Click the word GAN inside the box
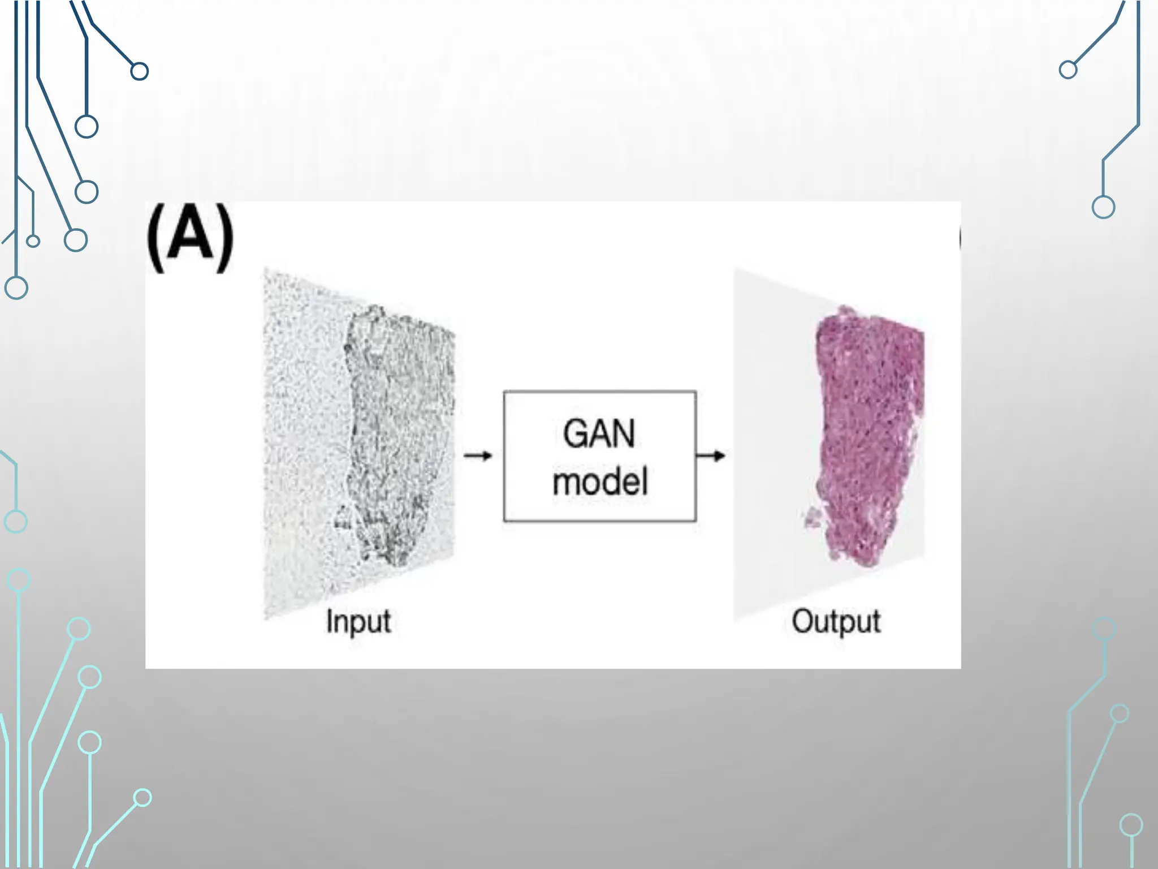pyautogui.click(x=599, y=434)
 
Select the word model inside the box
pyautogui.click(x=600, y=482)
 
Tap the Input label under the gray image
pyautogui.click(x=358, y=622)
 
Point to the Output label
pyautogui.click(x=836, y=622)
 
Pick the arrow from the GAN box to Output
pyautogui.click(x=711, y=455)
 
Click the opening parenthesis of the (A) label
pyautogui.click(x=156, y=238)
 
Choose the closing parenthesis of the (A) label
pyautogui.click(x=224, y=238)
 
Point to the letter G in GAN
pyautogui.click(x=575, y=434)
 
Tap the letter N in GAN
pyautogui.click(x=624, y=434)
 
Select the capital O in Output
pyautogui.click(x=802, y=621)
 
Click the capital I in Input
pyautogui.click(x=330, y=621)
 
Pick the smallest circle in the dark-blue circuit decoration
pyautogui.click(x=33, y=242)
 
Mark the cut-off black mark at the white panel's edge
pyautogui.click(x=959, y=238)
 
